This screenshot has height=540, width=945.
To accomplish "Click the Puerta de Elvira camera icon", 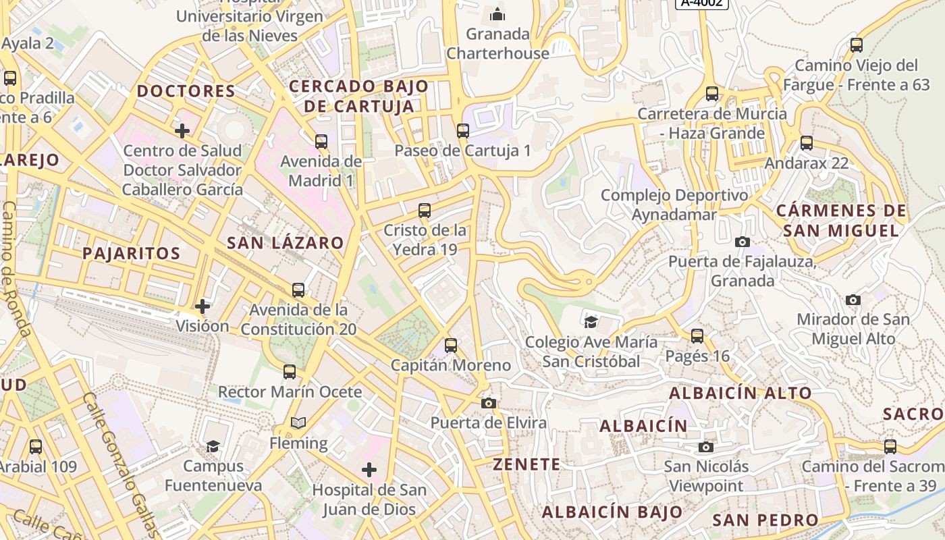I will coord(489,404).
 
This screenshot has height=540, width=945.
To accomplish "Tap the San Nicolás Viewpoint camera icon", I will coord(706,447).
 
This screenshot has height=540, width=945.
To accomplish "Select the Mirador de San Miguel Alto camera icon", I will coord(853,300).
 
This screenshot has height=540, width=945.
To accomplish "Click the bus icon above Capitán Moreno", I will coord(451,346).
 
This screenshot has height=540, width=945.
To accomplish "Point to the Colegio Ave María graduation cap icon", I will coord(591,322).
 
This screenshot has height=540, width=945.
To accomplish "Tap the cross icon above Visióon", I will coord(202,306).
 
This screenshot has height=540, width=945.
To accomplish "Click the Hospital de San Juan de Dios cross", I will coord(369,469).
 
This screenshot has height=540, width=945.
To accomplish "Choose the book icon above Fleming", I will coord(298,423).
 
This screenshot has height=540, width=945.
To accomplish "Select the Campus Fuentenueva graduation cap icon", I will coord(213,446).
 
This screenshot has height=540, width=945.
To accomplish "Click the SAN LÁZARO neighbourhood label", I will coord(285,243).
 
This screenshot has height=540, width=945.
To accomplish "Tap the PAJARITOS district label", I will coord(132,254).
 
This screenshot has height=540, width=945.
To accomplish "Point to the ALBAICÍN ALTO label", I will coord(740,394).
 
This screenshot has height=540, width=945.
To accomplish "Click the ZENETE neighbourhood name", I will coord(526,464).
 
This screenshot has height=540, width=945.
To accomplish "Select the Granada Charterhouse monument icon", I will coord(497,13).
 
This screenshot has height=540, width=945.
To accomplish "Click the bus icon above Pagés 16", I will coord(697,335).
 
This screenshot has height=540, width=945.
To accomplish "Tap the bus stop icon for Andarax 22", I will coord(807,143).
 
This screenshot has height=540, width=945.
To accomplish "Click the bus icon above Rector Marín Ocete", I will coord(290,372).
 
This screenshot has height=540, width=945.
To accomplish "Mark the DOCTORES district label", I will coord(186,92).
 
